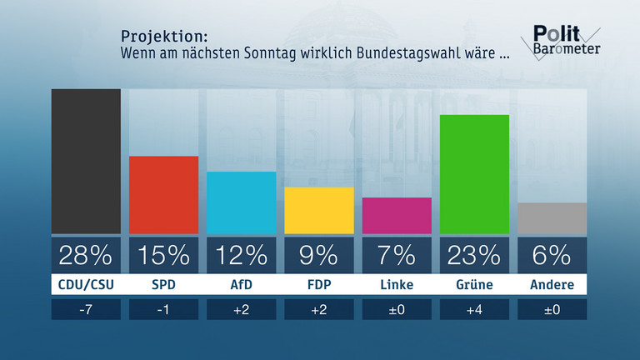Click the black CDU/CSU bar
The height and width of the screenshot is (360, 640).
point(86,162)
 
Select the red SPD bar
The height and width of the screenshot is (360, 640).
point(163,195)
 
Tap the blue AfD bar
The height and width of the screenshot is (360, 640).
point(241,202)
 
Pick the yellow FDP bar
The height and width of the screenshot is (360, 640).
point(319,210)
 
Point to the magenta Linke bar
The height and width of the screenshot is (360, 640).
point(397,216)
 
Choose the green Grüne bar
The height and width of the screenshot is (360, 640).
point(474,174)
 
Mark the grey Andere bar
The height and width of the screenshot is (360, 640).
point(552,218)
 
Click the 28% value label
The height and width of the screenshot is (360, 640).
point(86,254)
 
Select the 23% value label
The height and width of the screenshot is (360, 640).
point(474,254)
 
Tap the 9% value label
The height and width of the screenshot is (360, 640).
point(319,254)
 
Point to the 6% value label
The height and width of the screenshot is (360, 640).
point(552,254)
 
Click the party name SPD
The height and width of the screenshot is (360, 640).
point(163,285)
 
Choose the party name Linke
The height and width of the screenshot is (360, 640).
point(397,285)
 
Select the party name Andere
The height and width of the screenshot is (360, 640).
point(552,285)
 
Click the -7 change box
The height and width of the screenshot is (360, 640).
point(86,310)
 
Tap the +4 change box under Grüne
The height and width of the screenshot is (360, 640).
point(474,310)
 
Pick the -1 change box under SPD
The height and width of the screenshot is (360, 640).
point(163,310)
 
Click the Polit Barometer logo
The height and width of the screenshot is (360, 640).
point(565,41)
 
